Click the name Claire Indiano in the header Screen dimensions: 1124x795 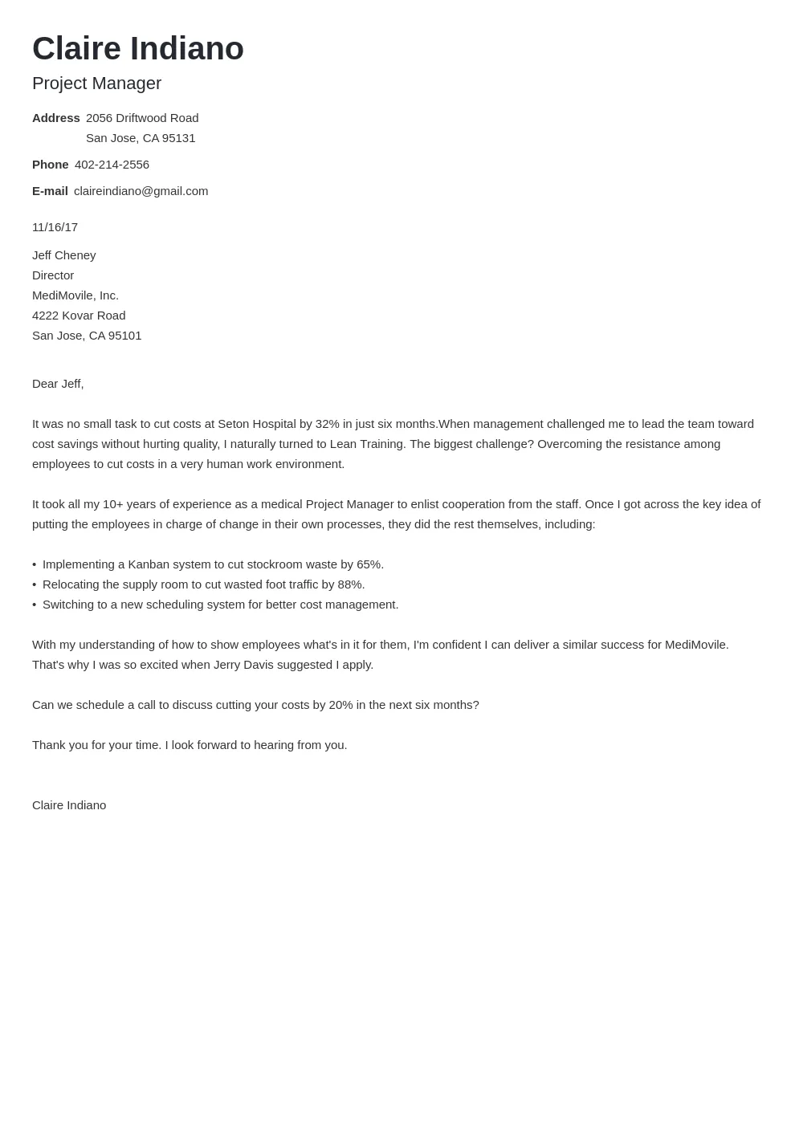137,49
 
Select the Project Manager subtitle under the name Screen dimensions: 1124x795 96,83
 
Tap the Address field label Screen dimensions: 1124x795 55,118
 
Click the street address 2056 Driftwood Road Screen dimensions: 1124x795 142,118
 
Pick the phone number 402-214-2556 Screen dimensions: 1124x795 112,165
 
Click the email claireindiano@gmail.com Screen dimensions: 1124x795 141,191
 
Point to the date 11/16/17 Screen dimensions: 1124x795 55,227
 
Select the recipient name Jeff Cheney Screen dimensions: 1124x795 63,255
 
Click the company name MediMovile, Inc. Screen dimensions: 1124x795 75,295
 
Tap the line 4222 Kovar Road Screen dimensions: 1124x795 79,316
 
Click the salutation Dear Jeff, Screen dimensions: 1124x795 58,384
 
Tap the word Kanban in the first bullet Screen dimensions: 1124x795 149,564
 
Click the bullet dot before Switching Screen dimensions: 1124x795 35,605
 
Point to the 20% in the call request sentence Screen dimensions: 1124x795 340,705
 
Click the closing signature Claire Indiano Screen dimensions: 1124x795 69,805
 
